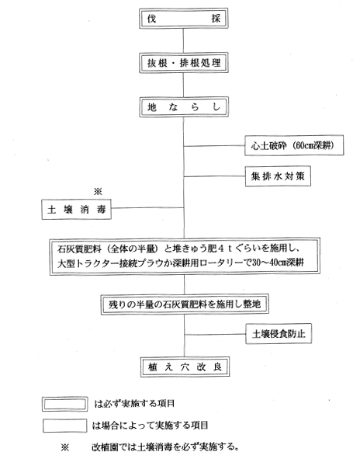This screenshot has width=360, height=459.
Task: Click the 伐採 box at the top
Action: (183, 19)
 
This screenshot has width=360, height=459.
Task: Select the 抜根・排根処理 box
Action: (183, 63)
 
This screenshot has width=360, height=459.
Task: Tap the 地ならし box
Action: (184, 107)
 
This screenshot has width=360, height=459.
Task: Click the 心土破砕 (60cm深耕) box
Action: (294, 145)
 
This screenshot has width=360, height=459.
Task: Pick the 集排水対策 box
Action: (278, 176)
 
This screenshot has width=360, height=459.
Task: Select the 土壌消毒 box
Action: (76, 209)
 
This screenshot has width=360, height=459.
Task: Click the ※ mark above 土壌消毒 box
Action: (98, 192)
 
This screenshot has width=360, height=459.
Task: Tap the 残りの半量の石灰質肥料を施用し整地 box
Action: (185, 304)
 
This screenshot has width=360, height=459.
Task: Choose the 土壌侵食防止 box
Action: (279, 333)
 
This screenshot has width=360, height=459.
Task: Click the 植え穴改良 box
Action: (185, 367)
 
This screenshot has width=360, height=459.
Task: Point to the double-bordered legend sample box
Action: (64, 405)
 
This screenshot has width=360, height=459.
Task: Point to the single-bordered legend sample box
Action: (64, 426)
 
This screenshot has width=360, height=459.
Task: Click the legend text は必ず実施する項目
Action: (134, 404)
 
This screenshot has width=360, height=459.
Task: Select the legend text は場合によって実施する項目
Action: (150, 425)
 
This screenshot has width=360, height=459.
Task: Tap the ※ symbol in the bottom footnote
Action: (65, 447)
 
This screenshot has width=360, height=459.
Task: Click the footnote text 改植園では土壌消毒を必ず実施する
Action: (164, 447)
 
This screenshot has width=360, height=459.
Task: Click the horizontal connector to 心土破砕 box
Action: (214, 145)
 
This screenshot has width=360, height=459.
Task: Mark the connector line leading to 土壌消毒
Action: (147, 208)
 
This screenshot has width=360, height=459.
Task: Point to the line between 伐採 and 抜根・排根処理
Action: (183, 40)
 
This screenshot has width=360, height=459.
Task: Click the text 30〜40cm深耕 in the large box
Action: (278, 263)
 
